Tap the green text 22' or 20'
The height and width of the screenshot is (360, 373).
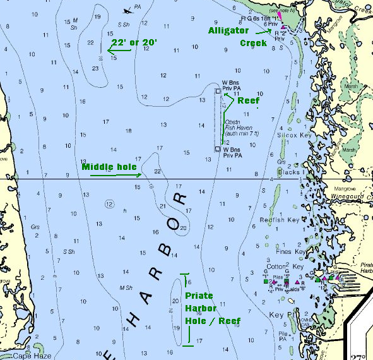134,42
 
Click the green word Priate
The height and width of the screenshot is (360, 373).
199,296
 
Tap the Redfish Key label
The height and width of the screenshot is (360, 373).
279,220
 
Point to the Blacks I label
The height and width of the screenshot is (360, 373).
290,172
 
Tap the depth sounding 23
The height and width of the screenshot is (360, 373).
95,68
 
